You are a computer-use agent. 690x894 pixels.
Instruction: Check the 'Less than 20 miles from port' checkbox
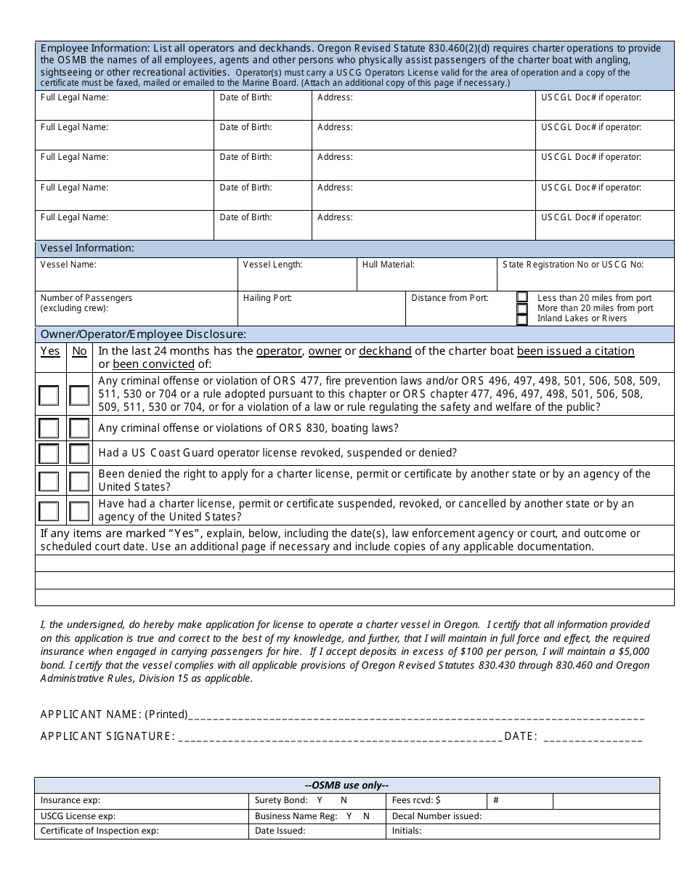[522, 297]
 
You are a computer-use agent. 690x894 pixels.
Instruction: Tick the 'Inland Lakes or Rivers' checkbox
[522, 319]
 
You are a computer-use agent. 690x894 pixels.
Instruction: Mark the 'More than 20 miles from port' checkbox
[522, 308]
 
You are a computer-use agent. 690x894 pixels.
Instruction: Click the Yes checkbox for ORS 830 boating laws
[49, 428]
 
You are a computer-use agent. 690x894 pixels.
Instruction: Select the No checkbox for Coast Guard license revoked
[79, 454]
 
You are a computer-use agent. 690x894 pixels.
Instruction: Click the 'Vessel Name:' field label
[68, 265]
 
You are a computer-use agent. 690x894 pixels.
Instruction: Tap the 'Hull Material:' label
[389, 265]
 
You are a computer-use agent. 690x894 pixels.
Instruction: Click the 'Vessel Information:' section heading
[87, 248]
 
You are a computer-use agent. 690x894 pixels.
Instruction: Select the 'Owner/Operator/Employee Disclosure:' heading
[143, 334]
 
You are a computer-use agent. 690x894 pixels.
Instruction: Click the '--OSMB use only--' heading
[347, 785]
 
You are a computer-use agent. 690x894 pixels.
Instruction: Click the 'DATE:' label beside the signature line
[521, 736]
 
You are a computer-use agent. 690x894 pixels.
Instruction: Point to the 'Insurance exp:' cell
[70, 800]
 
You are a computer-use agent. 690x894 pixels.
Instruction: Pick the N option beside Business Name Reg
[366, 816]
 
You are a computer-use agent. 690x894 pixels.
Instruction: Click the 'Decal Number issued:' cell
[437, 816]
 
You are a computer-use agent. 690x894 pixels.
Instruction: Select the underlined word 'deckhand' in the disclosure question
[385, 351]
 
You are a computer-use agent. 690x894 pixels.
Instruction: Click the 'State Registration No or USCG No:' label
[573, 265]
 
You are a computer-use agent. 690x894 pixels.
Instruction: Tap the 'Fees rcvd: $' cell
[416, 800]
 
